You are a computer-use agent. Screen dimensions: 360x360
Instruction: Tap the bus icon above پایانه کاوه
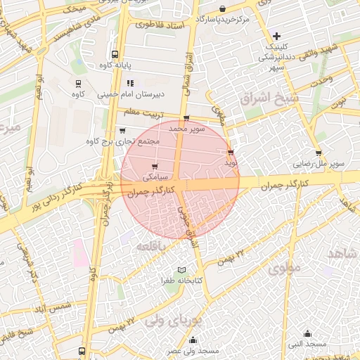[x=115, y=55]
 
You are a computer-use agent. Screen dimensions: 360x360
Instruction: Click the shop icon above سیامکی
[x=155, y=167]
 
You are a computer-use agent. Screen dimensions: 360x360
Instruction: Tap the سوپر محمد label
[x=186, y=129]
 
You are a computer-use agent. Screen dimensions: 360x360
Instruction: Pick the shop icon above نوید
[x=231, y=153]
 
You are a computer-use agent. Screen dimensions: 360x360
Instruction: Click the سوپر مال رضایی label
[x=319, y=164]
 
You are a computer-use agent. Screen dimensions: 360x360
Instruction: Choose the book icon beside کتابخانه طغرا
[x=182, y=271]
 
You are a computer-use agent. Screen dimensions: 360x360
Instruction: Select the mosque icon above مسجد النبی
[x=307, y=333]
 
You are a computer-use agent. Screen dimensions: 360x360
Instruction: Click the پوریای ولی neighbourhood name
[x=173, y=321]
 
